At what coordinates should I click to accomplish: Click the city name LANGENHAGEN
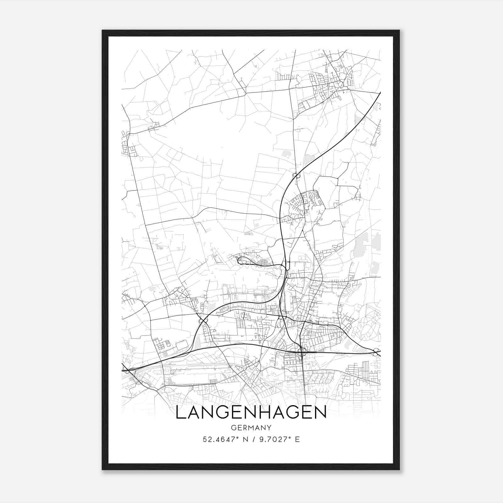[251, 413]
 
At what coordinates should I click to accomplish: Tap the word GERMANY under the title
[251, 428]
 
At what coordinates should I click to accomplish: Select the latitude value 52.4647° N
[223, 439]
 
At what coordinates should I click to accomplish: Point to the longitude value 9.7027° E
[279, 439]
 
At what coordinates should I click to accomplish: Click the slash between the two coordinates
[251, 439]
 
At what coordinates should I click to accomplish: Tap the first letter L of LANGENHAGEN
[180, 413]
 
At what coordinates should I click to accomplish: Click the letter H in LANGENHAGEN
[267, 413]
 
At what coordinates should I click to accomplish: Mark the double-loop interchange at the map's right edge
[376, 352]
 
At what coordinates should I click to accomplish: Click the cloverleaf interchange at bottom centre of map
[301, 352]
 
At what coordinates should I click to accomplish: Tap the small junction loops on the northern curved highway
[296, 175]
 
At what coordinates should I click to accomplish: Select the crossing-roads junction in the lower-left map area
[201, 321]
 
